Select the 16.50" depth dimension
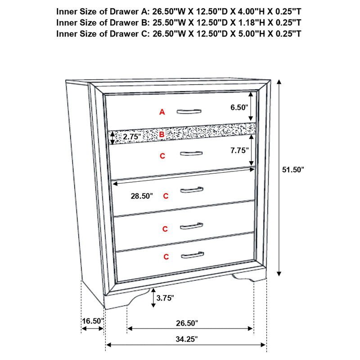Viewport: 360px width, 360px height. click(93, 321)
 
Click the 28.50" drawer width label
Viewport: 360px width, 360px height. click(142, 196)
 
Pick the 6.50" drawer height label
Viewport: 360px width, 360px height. click(238, 108)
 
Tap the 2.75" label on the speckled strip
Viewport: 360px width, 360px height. click(132, 136)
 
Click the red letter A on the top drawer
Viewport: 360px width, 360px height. click(162, 112)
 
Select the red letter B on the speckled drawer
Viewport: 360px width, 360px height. click(162, 134)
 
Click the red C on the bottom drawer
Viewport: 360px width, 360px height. click(166, 257)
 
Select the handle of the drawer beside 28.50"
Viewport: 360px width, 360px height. click(192, 190)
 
